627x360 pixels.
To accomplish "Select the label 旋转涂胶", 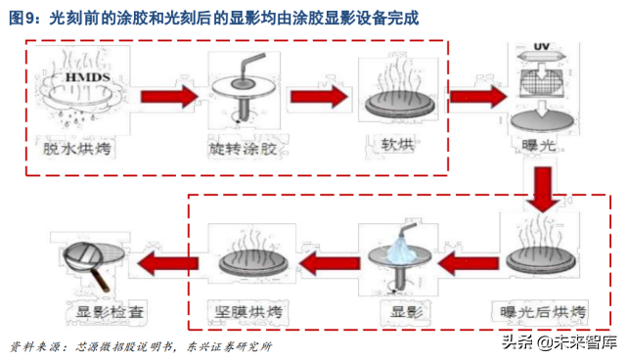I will pos(245,149).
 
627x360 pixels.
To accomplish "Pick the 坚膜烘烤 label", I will pos(250,312).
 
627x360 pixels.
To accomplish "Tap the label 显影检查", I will pos(96,312).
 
